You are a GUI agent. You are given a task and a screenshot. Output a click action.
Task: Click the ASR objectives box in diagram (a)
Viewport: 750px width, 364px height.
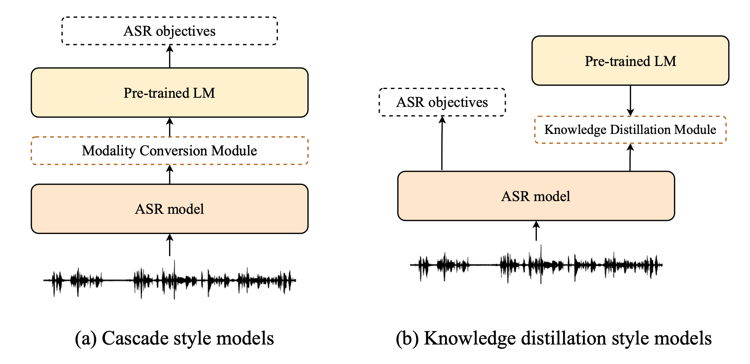(169, 31)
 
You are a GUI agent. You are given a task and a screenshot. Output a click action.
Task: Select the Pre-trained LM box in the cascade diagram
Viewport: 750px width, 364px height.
(169, 93)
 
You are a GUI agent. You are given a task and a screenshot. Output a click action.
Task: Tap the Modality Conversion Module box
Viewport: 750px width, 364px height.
(169, 151)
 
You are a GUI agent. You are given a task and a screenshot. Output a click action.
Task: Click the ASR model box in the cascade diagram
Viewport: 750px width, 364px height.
(169, 209)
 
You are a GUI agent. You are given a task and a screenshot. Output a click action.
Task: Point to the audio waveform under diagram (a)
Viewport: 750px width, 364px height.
(169, 280)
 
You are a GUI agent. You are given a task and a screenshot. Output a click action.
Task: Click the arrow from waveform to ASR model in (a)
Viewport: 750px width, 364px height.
(170, 245)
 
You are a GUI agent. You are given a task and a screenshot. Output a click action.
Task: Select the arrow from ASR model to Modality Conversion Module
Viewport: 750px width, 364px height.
(170, 174)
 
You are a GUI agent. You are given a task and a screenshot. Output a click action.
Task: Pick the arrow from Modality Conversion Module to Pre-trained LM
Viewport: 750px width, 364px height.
(170, 127)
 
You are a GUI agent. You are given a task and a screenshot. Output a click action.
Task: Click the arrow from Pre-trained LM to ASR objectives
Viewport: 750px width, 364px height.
(170, 56)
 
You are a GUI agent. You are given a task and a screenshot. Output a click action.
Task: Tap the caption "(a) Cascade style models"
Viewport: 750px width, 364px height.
(174, 339)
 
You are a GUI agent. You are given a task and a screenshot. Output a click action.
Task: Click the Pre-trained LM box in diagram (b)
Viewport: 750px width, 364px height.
(630, 61)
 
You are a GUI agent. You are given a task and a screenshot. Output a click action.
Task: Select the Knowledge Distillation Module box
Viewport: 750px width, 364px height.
(630, 130)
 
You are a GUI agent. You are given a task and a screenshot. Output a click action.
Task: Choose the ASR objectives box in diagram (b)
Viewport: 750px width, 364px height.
(442, 102)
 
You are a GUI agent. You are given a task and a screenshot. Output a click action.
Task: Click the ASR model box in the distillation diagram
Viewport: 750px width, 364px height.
(536, 196)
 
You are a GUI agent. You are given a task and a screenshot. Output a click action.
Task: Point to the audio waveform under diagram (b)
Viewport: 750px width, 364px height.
(536, 265)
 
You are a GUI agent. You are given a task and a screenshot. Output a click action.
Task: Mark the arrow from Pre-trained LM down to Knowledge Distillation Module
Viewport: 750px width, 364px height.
(630, 101)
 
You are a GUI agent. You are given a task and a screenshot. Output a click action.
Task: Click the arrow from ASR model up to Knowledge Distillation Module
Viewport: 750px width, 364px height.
(630, 157)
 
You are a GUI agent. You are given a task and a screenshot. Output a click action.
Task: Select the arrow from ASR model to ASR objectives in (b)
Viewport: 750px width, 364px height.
(442, 143)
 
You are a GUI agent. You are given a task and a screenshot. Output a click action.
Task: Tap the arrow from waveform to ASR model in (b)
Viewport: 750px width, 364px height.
(536, 231)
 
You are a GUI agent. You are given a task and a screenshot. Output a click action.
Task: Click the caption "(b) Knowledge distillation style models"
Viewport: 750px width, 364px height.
(554, 339)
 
